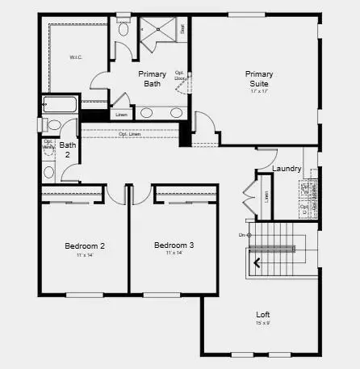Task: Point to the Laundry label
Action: pyautogui.click(x=287, y=169)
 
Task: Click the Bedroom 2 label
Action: pyautogui.click(x=85, y=245)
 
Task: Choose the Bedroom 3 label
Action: pyautogui.click(x=174, y=245)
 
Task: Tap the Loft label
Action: pyautogui.click(x=263, y=315)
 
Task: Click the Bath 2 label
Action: pyautogui.click(x=68, y=150)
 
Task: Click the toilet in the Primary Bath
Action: pyautogui.click(x=123, y=30)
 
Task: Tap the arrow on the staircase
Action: pyautogui.click(x=258, y=262)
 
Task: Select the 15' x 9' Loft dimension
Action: pyautogui.click(x=263, y=324)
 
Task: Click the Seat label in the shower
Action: pyautogui.click(x=183, y=28)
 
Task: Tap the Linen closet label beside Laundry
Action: pyautogui.click(x=266, y=196)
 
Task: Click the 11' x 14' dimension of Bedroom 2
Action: pyautogui.click(x=85, y=254)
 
